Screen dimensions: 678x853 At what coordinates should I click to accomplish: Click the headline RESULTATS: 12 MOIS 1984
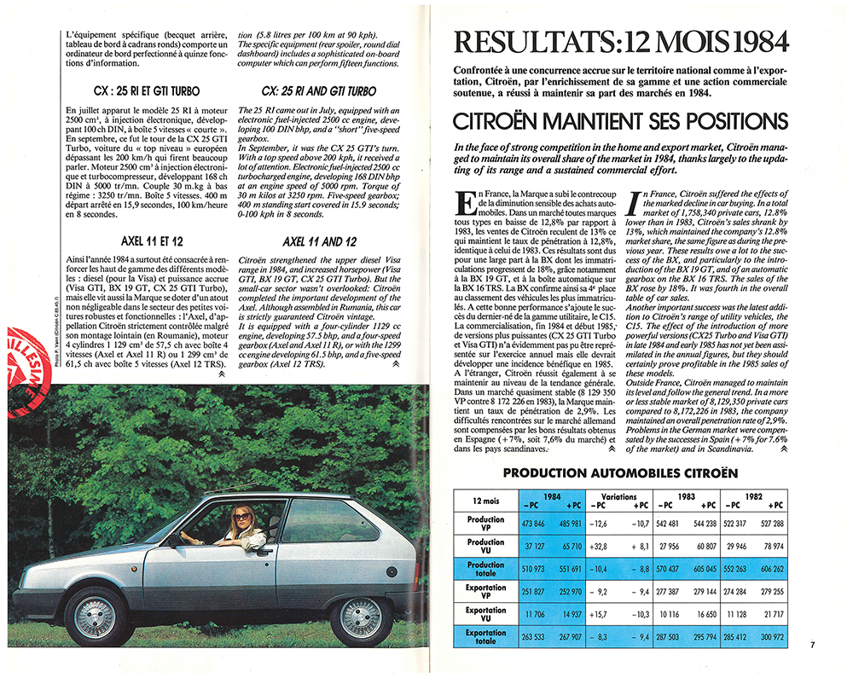pos(621,42)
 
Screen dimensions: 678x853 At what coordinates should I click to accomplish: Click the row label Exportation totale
pos(486,638)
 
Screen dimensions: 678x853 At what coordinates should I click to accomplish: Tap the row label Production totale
pos(486,569)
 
